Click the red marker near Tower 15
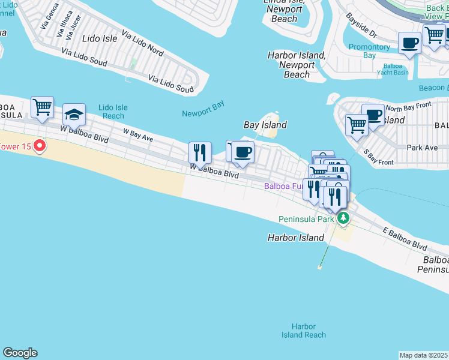click(40, 145)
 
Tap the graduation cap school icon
click(74, 114)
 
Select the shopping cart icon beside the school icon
click(43, 107)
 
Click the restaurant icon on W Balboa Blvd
click(200, 152)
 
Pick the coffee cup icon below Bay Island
click(243, 152)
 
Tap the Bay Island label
click(265, 125)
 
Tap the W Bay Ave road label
click(138, 134)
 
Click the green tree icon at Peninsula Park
click(343, 218)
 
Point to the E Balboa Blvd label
click(405, 239)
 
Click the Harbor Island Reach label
click(304, 331)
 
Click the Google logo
click(20, 353)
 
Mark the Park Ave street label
click(422, 147)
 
